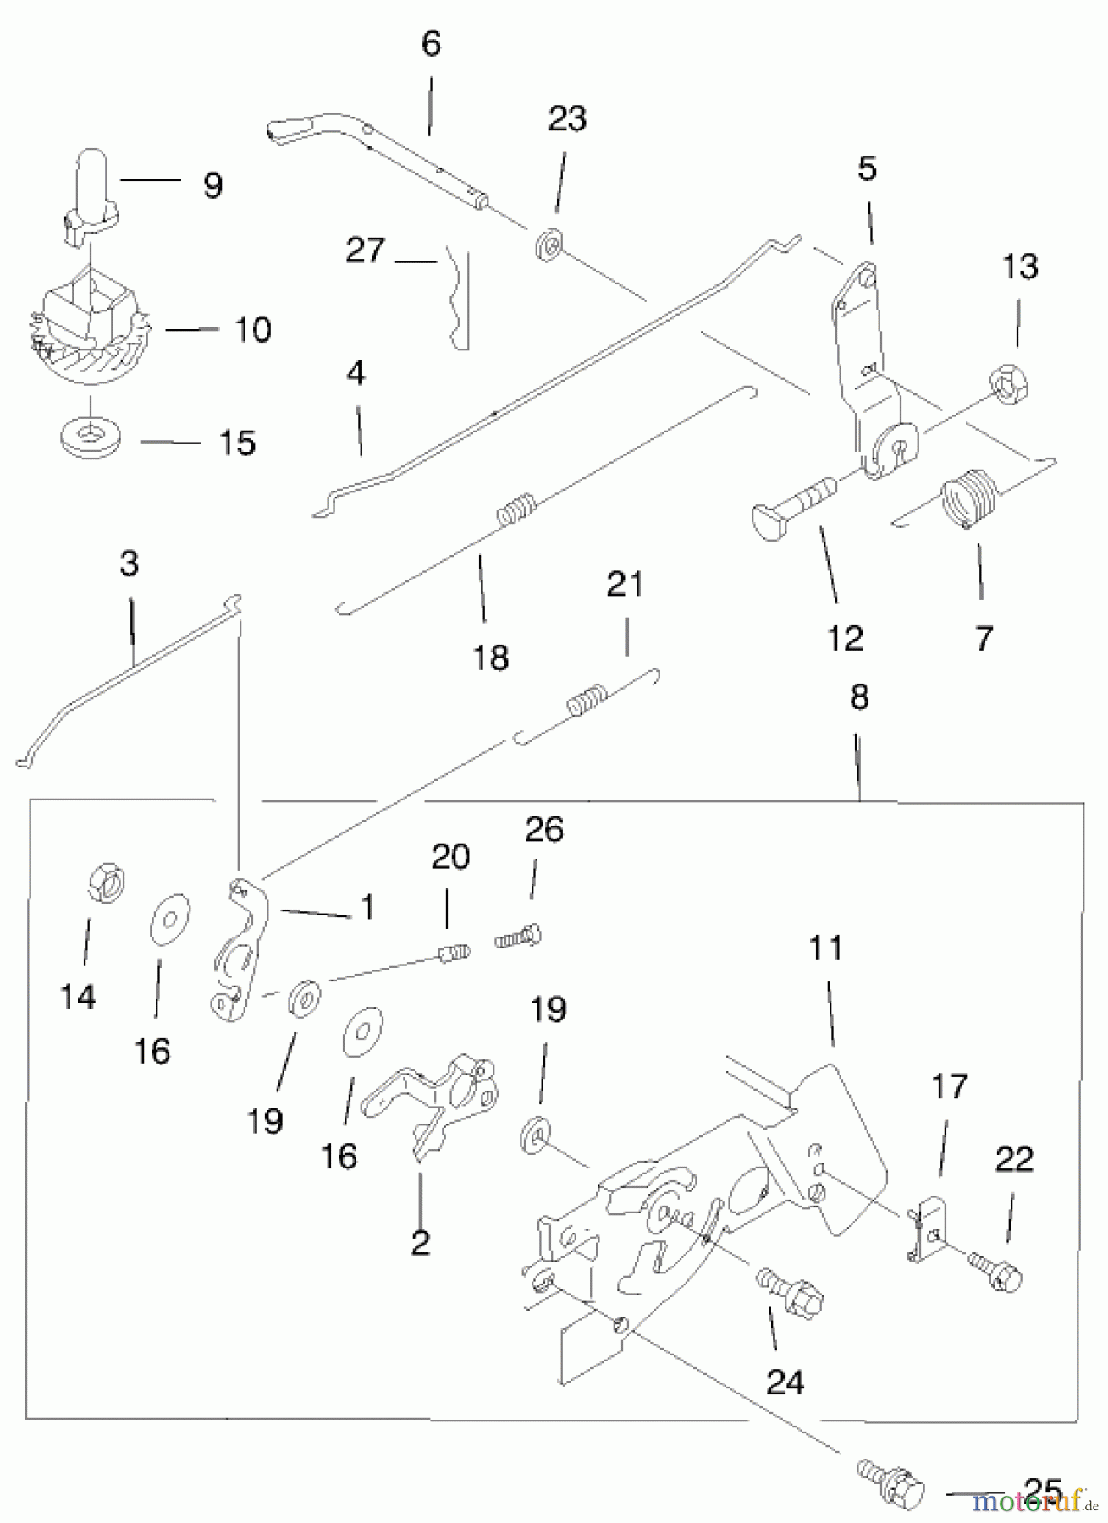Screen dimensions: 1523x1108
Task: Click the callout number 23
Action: coord(566,119)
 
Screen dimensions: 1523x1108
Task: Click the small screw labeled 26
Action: coord(519,937)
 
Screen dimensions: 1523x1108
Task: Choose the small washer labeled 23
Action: coord(548,246)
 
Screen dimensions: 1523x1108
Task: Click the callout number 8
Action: coord(858,698)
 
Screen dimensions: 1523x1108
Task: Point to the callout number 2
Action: coord(420,1242)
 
